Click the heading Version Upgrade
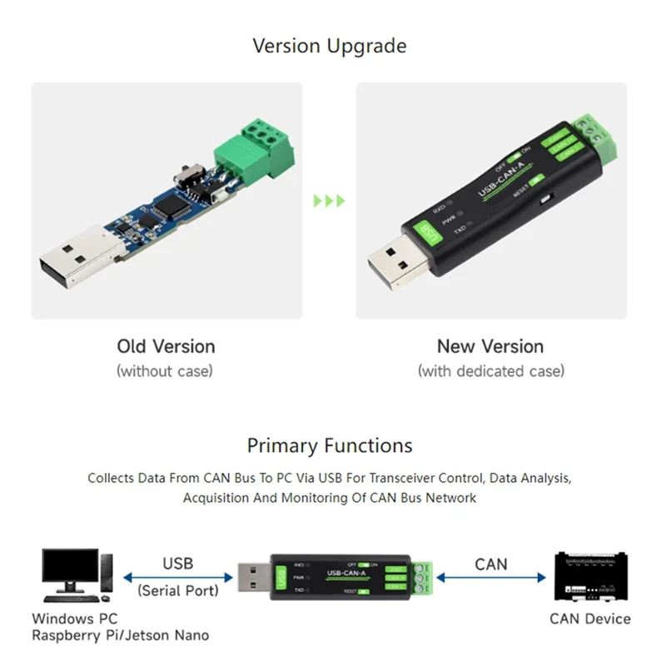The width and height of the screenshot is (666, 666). coord(330,46)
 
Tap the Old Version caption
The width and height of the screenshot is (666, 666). coord(166,346)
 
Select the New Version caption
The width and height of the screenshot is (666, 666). coord(490,346)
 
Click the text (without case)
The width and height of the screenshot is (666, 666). coord(165,370)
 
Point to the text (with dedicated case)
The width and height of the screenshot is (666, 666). coord(490,370)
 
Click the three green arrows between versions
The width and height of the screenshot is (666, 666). coord(328,201)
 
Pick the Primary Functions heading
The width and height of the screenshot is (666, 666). coord(330,446)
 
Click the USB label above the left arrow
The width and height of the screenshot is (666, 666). coord(177,564)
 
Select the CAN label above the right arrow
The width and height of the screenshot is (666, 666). coord(490,564)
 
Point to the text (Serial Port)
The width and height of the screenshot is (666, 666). coord(177,590)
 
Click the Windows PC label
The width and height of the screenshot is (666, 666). coord(75,619)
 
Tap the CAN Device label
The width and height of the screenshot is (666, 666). coord(590,619)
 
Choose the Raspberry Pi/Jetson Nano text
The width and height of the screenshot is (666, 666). coord(121,636)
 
